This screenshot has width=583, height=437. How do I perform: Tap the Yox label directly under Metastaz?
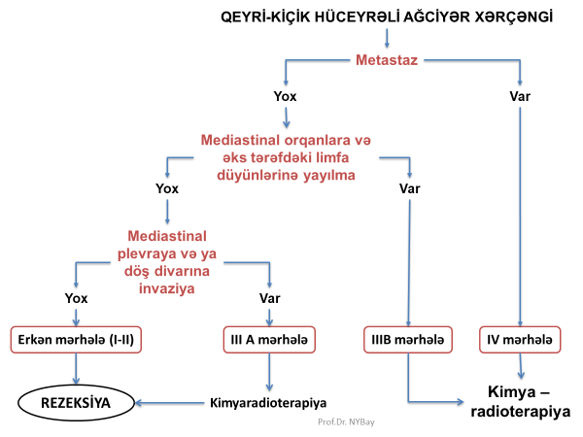tap(285, 97)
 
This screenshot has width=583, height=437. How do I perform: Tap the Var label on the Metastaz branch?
tap(520, 97)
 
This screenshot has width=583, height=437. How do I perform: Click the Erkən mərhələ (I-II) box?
tap(76, 340)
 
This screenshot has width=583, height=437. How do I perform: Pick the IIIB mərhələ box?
tap(408, 340)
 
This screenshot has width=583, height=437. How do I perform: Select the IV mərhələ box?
tap(522, 340)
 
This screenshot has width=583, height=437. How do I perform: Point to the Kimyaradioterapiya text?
tap(267, 401)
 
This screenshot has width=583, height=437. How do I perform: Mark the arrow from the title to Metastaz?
tap(388, 39)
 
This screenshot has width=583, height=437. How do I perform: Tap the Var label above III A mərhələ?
tap(268, 296)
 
